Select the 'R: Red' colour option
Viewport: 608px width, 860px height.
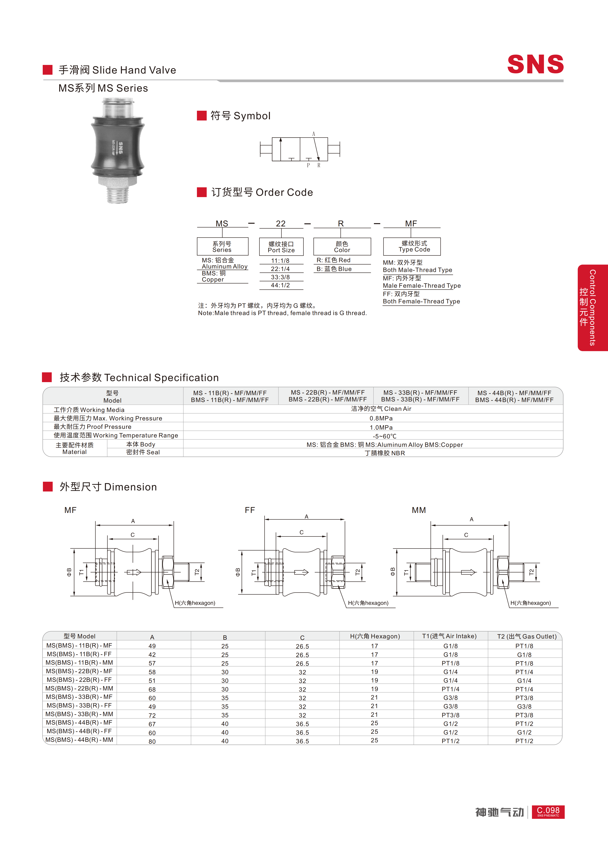[333, 260]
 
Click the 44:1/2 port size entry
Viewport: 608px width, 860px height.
[280, 285]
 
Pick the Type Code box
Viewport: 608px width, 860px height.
[412, 247]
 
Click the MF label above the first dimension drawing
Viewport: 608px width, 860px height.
[70, 510]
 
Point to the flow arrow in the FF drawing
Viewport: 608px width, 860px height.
[301, 572]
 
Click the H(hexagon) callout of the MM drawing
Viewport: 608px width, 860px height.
[530, 603]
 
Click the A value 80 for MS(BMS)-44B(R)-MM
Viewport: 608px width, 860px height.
[152, 741]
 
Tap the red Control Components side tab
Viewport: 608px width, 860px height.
[593, 308]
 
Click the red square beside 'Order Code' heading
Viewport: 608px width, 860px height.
[202, 192]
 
